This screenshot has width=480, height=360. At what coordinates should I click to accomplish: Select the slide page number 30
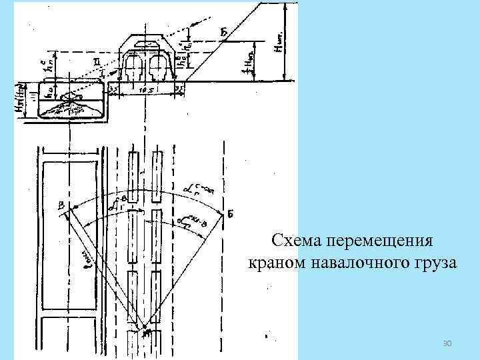[x=448, y=343]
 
